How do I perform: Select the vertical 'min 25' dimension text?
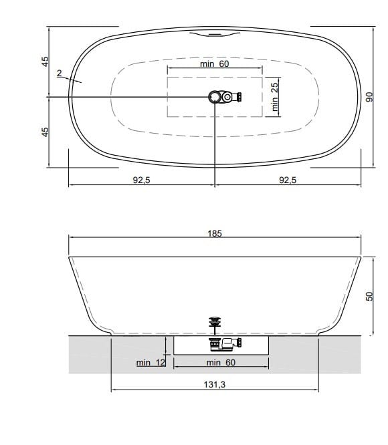point(274,96)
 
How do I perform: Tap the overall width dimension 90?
point(367,96)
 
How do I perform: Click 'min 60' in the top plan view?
point(214,64)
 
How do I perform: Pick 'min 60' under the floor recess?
point(221,362)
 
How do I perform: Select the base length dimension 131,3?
point(214,386)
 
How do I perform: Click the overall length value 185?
point(214,234)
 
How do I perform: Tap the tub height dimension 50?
point(368,295)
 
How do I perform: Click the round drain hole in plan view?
point(215,97)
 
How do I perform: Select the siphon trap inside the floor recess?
point(225,345)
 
